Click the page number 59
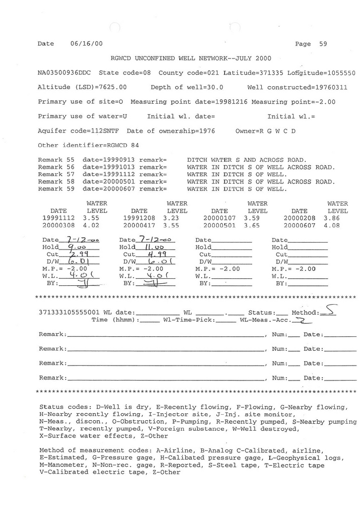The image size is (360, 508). [323, 44]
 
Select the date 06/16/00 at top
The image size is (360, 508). [83, 44]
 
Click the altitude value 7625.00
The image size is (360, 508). [115, 87]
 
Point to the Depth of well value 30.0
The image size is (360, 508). [215, 87]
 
